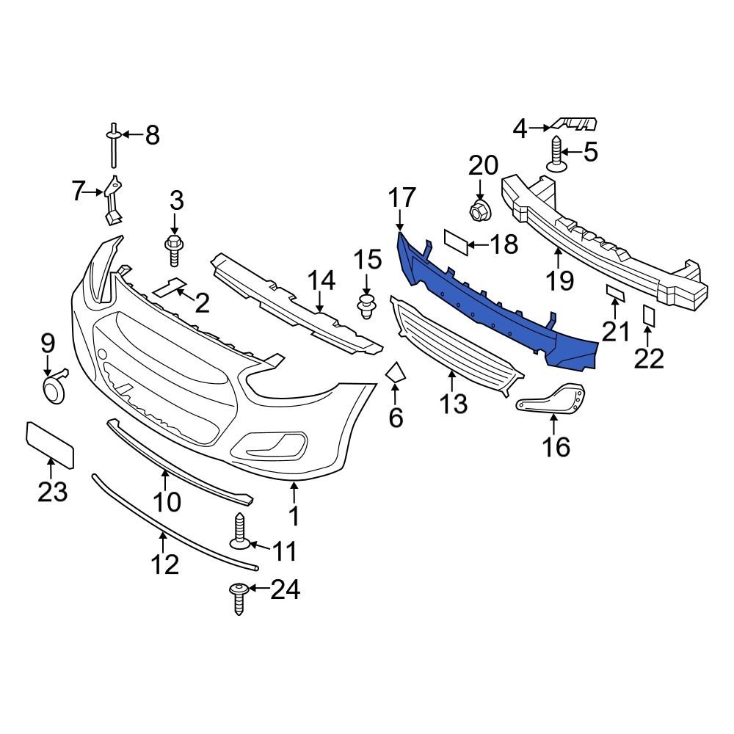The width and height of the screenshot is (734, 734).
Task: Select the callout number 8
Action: [x=152, y=135]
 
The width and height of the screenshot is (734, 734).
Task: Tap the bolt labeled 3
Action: [x=175, y=250]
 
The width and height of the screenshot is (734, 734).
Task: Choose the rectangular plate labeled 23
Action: [x=50, y=445]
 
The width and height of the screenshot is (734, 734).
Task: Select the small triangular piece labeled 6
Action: [x=396, y=374]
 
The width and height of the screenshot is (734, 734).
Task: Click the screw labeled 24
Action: [x=239, y=597]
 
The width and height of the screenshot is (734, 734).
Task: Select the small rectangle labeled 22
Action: [x=649, y=315]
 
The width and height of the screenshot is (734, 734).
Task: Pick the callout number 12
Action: [x=165, y=564]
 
